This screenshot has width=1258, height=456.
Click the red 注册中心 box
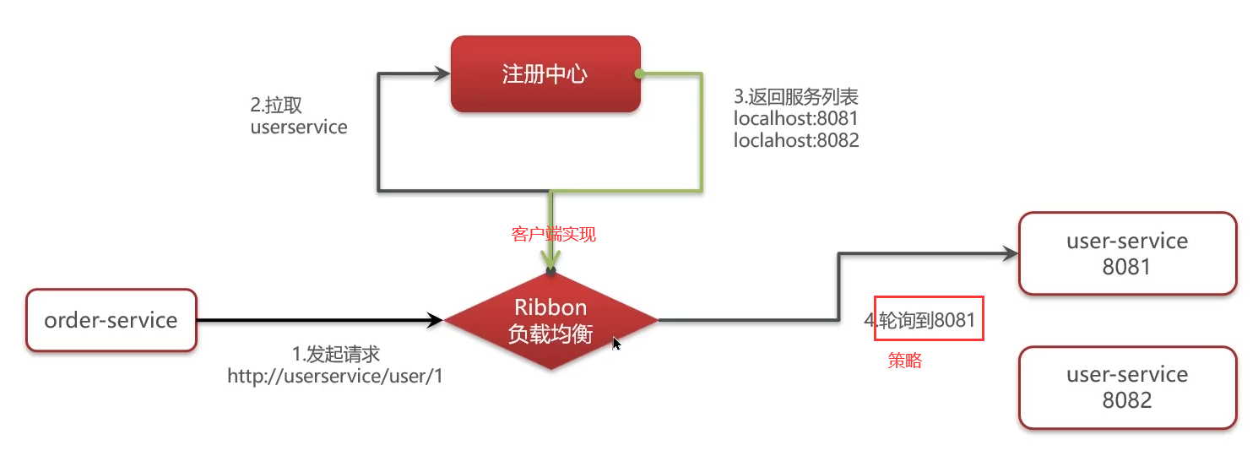point(545,73)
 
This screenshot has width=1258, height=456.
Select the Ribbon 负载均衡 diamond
point(550,321)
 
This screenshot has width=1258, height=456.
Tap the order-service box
point(111,320)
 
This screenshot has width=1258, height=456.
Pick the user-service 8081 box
point(1127,253)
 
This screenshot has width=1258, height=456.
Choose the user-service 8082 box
point(1127,387)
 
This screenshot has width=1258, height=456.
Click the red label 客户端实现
point(554,235)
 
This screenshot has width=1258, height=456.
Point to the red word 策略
point(905,361)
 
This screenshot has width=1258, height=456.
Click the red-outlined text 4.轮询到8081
point(928,319)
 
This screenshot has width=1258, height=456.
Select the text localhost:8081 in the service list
point(796,118)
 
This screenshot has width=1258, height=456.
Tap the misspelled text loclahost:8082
point(796,140)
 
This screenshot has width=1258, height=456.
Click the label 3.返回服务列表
point(796,96)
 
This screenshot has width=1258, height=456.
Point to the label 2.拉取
point(276,106)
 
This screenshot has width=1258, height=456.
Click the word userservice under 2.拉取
point(299,128)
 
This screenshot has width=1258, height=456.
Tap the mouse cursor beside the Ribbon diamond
point(616,343)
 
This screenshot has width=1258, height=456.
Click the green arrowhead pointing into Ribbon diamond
point(550,258)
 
